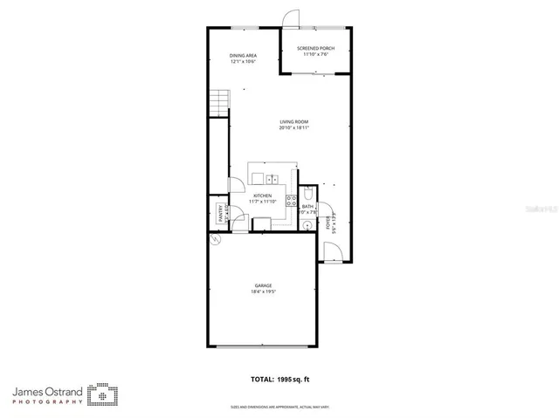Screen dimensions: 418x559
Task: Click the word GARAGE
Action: [263, 284]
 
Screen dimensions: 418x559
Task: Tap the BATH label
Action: [307, 207]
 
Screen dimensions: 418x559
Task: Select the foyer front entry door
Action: [331, 253]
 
